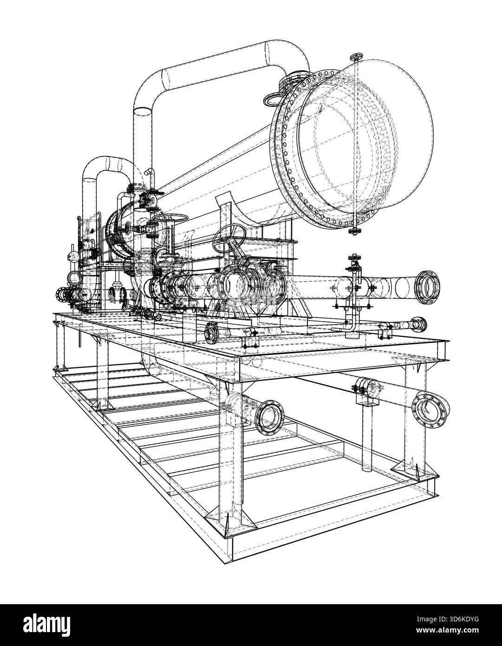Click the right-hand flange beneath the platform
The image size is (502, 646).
(x=430, y=409)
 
